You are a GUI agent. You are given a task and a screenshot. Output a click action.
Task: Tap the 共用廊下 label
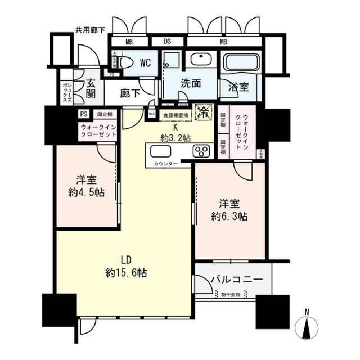91,30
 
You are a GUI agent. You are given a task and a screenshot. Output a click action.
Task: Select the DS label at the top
168,42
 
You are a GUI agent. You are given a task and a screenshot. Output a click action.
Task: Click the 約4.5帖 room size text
87,192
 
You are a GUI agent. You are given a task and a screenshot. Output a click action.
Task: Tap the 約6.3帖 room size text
229,216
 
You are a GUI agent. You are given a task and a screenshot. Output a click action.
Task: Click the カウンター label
165,164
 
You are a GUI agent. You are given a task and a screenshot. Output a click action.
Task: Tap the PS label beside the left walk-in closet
84,114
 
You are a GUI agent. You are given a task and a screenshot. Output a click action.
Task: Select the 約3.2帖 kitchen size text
174,137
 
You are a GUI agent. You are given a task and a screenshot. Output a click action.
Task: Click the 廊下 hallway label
130,93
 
